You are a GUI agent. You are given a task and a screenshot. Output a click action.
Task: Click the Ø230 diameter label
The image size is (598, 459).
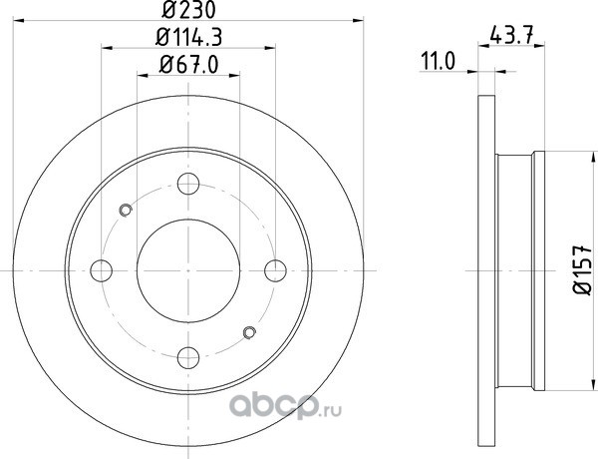pos(188,10)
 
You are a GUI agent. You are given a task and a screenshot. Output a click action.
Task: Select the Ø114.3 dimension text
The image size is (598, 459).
pos(188,38)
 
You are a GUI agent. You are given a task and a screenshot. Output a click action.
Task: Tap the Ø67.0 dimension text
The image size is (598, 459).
pos(188,65)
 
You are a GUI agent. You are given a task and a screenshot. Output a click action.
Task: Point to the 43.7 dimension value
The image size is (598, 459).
pos(511,35)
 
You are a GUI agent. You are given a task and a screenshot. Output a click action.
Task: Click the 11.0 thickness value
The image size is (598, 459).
pos(438,62)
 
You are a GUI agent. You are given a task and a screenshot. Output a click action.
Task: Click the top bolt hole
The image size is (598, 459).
pos(188,184)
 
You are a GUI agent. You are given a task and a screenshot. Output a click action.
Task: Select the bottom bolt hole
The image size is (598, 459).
pos(188,357)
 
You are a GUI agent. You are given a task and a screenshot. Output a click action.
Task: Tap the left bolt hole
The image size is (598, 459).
pos(102,270)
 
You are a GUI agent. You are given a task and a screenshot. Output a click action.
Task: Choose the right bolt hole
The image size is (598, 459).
pos(275,270)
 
